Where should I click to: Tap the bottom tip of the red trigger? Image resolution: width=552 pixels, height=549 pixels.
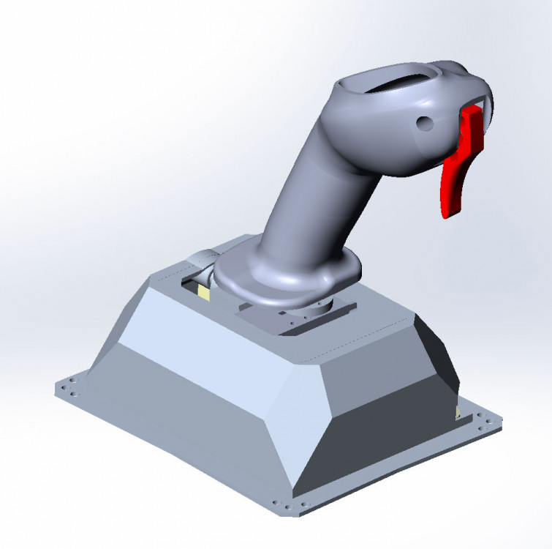coord(448,212)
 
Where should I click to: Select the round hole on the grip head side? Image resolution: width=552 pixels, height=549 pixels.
coord(423,124)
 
